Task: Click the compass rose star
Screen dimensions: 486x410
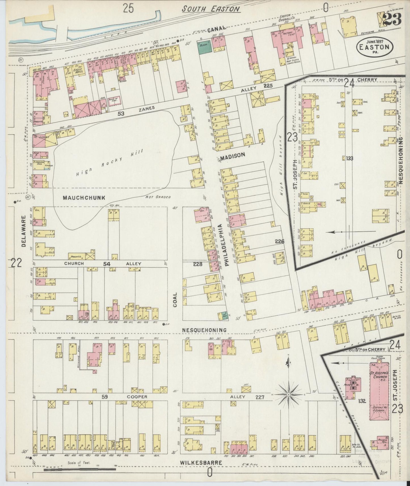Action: pos(288,394)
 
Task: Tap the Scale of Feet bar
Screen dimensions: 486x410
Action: pos(79,470)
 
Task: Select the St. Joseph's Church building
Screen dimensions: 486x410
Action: pos(380,393)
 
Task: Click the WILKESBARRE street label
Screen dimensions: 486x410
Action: pos(201,462)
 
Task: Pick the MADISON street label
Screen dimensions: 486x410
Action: pos(232,155)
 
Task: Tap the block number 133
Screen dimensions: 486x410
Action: pos(349,159)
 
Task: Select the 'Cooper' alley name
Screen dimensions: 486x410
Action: pos(137,397)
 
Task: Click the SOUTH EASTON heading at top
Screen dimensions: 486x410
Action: pos(211,9)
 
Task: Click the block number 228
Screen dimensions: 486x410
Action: pos(197,264)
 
